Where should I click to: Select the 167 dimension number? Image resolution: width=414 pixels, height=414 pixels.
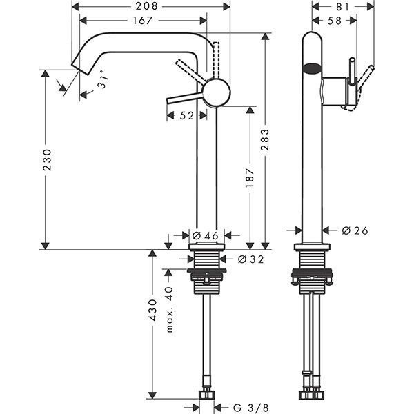[141, 21]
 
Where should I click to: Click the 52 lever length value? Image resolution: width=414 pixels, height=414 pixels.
[186, 117]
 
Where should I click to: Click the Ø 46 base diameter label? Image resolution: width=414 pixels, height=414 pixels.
[205, 235]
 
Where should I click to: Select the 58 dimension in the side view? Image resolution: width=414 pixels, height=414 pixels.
[334, 21]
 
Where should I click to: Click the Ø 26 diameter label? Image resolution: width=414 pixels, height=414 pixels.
[354, 230]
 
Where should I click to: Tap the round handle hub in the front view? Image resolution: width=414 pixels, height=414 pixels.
[217, 92]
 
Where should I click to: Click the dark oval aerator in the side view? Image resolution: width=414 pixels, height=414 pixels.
[312, 68]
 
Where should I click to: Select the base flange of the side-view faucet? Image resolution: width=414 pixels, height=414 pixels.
[312, 246]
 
